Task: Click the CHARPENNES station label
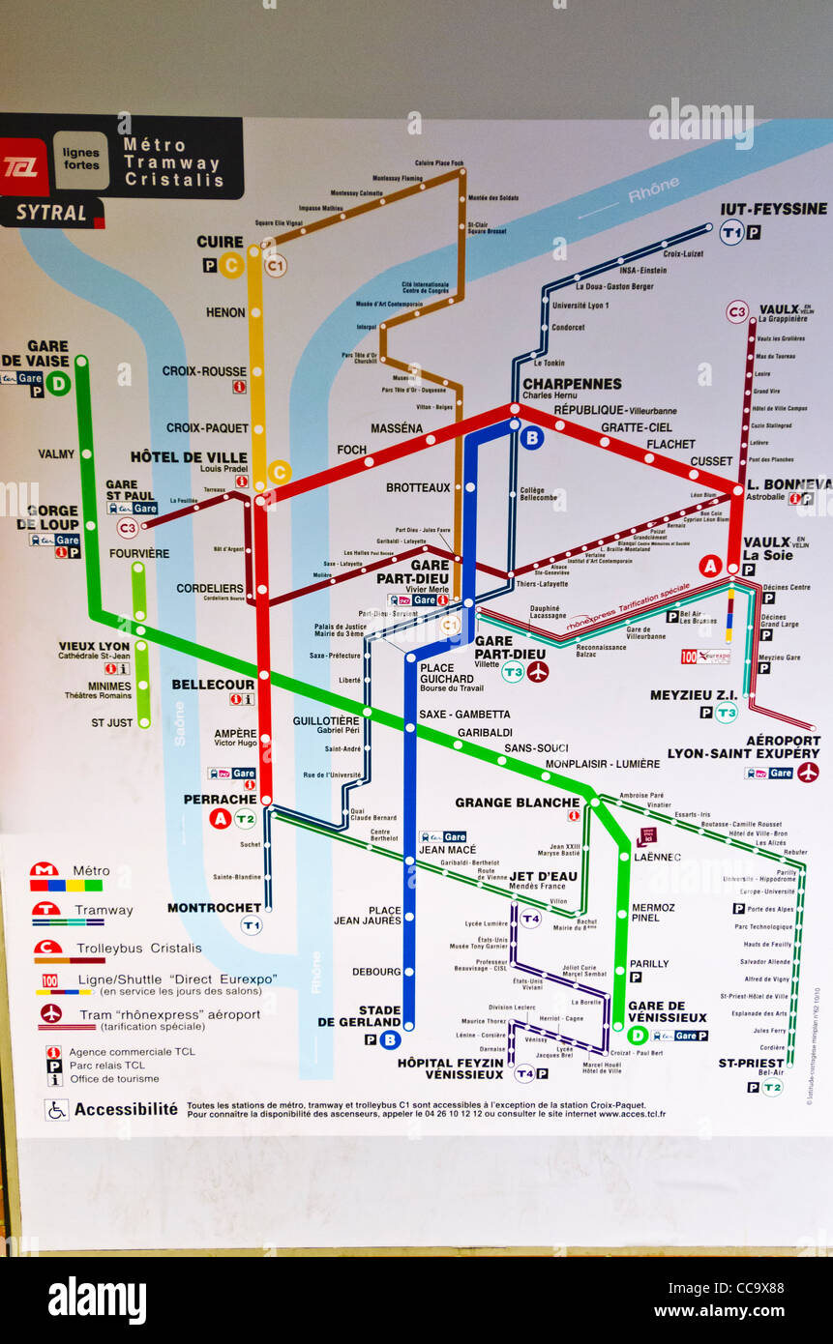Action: (x=572, y=384)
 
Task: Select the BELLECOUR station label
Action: (x=213, y=685)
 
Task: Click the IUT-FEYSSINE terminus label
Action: (x=773, y=209)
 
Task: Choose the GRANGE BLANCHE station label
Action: (x=517, y=803)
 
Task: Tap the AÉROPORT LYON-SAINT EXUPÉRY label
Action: (x=743, y=746)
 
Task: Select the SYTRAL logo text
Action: (x=50, y=213)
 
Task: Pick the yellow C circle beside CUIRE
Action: (x=230, y=265)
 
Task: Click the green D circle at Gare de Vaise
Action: (x=58, y=384)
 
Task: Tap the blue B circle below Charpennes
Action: (x=531, y=438)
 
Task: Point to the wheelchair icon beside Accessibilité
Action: (x=56, y=1109)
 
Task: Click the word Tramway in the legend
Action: (x=104, y=910)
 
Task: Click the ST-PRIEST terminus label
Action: (x=751, y=1064)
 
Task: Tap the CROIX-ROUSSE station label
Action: (x=204, y=371)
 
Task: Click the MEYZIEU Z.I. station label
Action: (x=693, y=695)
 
